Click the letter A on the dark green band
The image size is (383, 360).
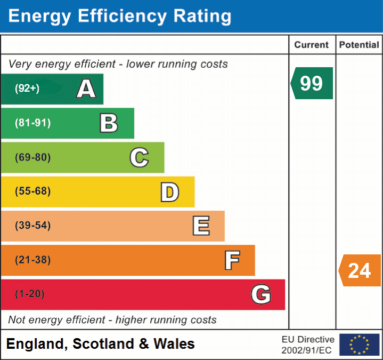pyautogui.click(x=86, y=89)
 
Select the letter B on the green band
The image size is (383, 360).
pyautogui.click(x=109, y=123)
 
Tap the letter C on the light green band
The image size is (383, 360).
pyautogui.click(x=139, y=157)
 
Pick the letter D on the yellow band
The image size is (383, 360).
pyautogui.click(x=169, y=192)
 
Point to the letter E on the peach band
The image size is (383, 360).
pyautogui.click(x=201, y=226)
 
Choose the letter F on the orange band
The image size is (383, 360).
pyautogui.click(x=232, y=260)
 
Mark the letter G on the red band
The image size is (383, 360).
pyautogui.click(x=261, y=294)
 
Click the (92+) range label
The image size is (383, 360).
pyautogui.click(x=27, y=89)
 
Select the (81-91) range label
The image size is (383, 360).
pyautogui.click(x=33, y=123)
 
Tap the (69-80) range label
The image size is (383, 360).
pyautogui.click(x=33, y=157)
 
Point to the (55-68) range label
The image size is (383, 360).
pyautogui.click(x=33, y=191)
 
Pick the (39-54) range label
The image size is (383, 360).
pyautogui.click(x=33, y=226)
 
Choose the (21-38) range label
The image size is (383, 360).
pyautogui.click(x=33, y=260)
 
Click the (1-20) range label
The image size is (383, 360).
pyautogui.click(x=30, y=294)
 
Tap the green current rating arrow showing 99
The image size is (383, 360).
pyautogui.click(x=312, y=83)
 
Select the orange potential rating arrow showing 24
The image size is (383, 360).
pyautogui.click(x=360, y=270)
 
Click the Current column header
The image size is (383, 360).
pyautogui.click(x=312, y=45)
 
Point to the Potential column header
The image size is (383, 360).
pyautogui.click(x=359, y=45)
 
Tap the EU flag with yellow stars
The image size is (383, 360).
pyautogui.click(x=359, y=345)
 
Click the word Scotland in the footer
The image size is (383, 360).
pyautogui.click(x=103, y=344)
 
